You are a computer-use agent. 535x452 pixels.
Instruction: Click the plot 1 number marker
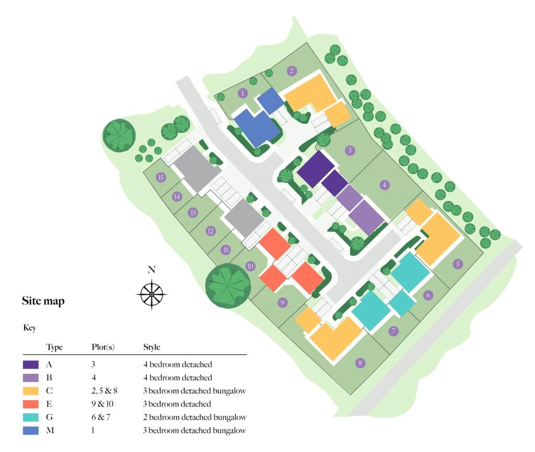click(x=242, y=94)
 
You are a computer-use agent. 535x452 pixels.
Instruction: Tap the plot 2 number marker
click(x=292, y=71)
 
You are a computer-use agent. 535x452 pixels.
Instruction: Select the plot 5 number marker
click(x=458, y=264)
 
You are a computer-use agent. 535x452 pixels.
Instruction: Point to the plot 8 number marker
click(x=359, y=363)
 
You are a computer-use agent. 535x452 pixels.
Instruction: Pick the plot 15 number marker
click(x=161, y=178)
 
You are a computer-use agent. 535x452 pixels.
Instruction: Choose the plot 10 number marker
click(x=250, y=266)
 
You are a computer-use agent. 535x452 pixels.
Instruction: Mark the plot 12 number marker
click(x=211, y=231)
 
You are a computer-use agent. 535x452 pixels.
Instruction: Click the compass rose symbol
click(x=152, y=295)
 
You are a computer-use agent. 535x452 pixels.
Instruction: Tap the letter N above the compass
click(x=152, y=270)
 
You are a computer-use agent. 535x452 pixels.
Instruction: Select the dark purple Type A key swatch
click(x=31, y=364)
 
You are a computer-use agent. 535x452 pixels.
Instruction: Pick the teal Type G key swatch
click(x=31, y=417)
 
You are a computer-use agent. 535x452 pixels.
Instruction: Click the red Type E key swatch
click(x=31, y=404)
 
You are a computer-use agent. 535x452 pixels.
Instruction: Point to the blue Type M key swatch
click(x=31, y=431)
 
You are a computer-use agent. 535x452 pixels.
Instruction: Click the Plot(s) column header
click(x=103, y=347)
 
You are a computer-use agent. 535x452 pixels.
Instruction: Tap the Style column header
click(x=152, y=347)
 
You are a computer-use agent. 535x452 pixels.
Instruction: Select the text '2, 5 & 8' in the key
click(x=103, y=390)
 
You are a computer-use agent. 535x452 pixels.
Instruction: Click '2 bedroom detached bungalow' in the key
click(x=194, y=417)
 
